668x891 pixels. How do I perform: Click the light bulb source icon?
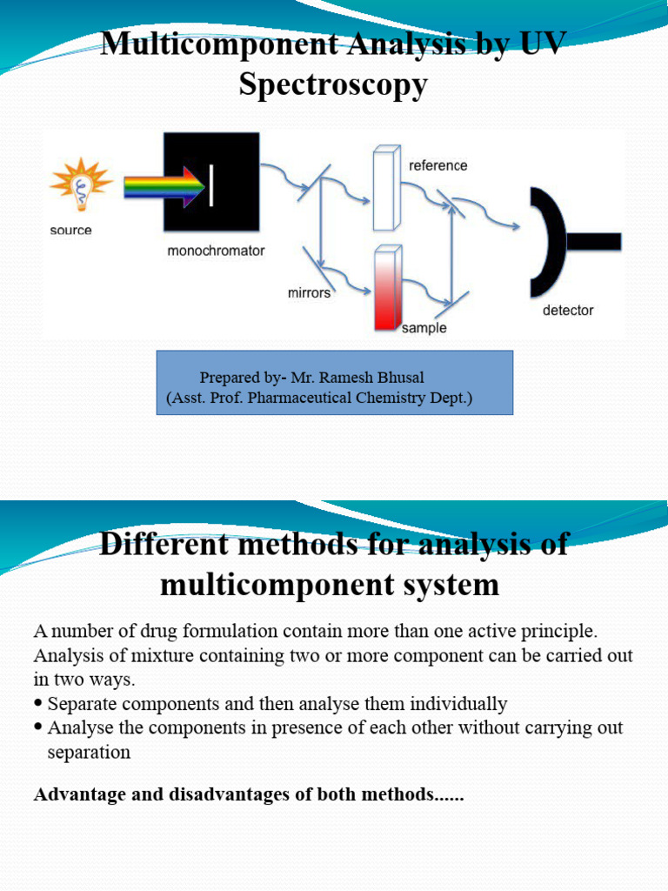coord(82,184)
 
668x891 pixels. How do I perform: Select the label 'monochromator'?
coord(216,251)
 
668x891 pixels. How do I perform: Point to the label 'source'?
coord(71,231)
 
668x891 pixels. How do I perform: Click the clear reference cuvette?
coord(384,189)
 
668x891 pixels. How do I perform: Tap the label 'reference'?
coord(438,165)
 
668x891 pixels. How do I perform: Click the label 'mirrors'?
coord(310,293)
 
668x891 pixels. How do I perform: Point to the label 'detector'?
coord(568,310)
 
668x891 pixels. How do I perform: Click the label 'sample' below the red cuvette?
coord(424,328)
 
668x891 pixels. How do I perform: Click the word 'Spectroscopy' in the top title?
coord(334,84)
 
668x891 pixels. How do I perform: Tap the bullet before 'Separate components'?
coord(38,703)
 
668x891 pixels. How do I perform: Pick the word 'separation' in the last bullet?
coord(89,752)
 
